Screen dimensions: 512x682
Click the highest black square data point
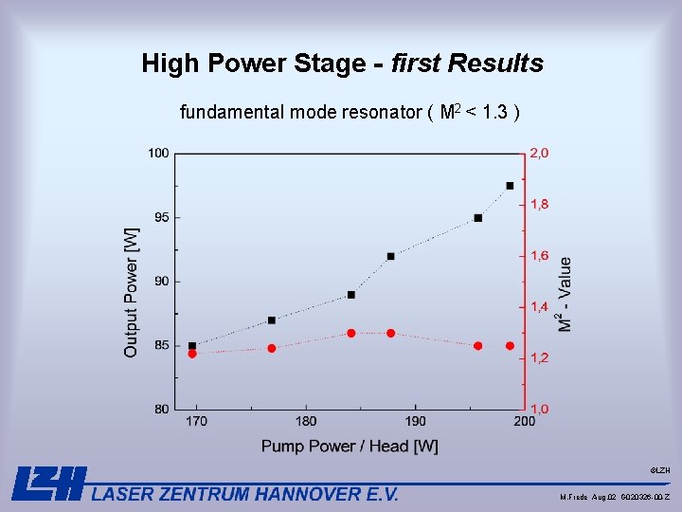point(510,186)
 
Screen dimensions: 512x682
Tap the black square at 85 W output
point(192,346)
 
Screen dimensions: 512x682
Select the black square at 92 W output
point(390,256)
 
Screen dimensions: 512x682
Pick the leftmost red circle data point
point(192,354)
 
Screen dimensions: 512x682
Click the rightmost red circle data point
point(510,346)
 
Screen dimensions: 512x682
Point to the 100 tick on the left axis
point(158,153)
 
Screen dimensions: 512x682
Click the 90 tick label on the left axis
point(161,281)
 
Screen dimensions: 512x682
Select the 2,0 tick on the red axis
point(539,153)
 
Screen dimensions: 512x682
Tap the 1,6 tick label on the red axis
point(539,255)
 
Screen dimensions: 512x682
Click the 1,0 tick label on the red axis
point(539,409)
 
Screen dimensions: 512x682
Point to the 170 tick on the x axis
point(197,421)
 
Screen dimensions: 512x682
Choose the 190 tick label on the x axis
point(416,421)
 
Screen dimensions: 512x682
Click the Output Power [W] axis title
point(131,292)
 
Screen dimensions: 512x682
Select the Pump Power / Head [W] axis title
point(350,446)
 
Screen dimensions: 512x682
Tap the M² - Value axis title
point(565,294)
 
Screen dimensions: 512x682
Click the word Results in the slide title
point(498,64)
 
